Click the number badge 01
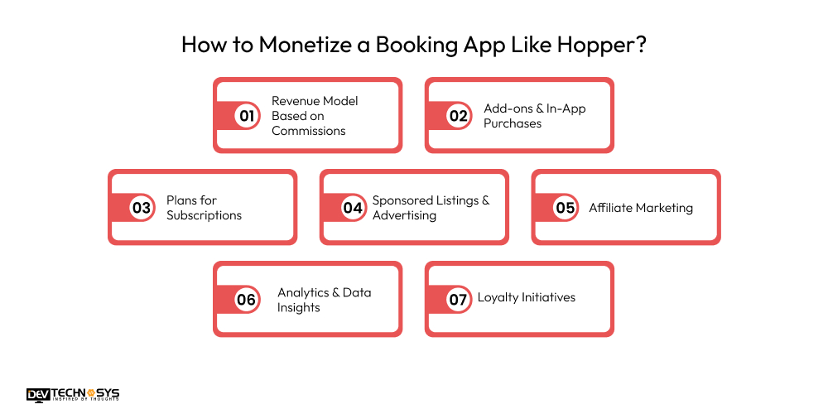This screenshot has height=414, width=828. [247, 116]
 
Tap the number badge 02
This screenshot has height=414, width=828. [459, 116]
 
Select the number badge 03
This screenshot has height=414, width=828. [142, 208]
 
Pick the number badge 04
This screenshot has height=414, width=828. [354, 208]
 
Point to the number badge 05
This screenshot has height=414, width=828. [566, 208]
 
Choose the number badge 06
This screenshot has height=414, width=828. [247, 300]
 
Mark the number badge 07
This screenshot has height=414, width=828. [459, 300]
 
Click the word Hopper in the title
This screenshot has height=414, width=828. [598, 45]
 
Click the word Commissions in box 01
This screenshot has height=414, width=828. [309, 131]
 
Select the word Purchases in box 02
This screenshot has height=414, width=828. [513, 123]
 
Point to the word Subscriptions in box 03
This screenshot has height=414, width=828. [204, 215]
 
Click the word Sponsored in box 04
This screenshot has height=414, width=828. [403, 200]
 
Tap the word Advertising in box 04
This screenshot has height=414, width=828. [404, 215]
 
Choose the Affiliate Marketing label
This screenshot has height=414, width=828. [641, 208]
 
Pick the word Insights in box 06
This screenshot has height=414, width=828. [298, 307]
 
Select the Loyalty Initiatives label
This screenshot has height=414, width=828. [527, 297]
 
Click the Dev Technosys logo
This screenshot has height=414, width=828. [73, 395]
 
